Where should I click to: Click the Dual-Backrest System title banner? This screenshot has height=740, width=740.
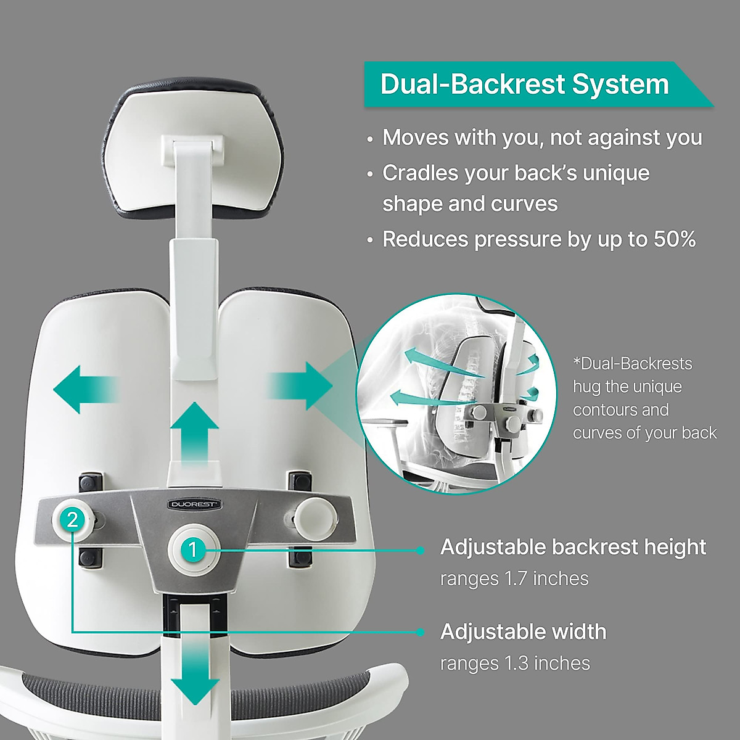[524, 84]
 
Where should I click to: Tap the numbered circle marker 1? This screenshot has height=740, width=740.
[193, 548]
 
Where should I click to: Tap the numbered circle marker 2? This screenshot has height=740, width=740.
[73, 520]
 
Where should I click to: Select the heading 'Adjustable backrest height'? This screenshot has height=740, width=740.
[573, 547]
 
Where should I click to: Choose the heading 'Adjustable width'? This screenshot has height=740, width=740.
[523, 631]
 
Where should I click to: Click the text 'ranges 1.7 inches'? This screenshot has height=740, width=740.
[514, 578]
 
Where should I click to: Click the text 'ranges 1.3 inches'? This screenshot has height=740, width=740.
[515, 663]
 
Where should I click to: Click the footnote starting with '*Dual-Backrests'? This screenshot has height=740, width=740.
[644, 398]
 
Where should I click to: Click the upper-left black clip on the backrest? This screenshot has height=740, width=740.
[91, 481]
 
